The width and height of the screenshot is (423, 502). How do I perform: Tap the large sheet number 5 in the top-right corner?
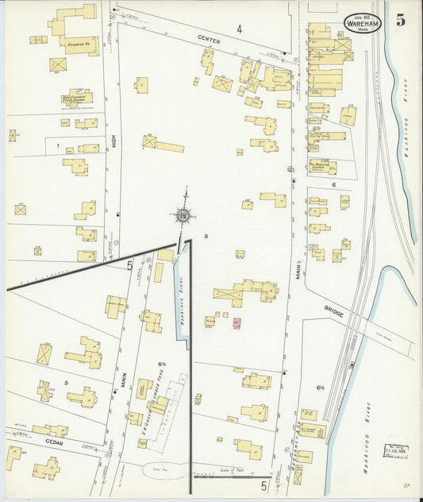click(401, 21)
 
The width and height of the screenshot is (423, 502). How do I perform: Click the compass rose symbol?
click(184, 214)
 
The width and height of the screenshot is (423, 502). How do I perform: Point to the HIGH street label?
click(114, 143)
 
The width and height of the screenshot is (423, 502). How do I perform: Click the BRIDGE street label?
click(334, 314)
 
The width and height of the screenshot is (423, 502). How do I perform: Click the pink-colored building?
click(236, 322)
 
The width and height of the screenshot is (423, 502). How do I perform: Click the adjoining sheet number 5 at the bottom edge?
click(263, 485)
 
